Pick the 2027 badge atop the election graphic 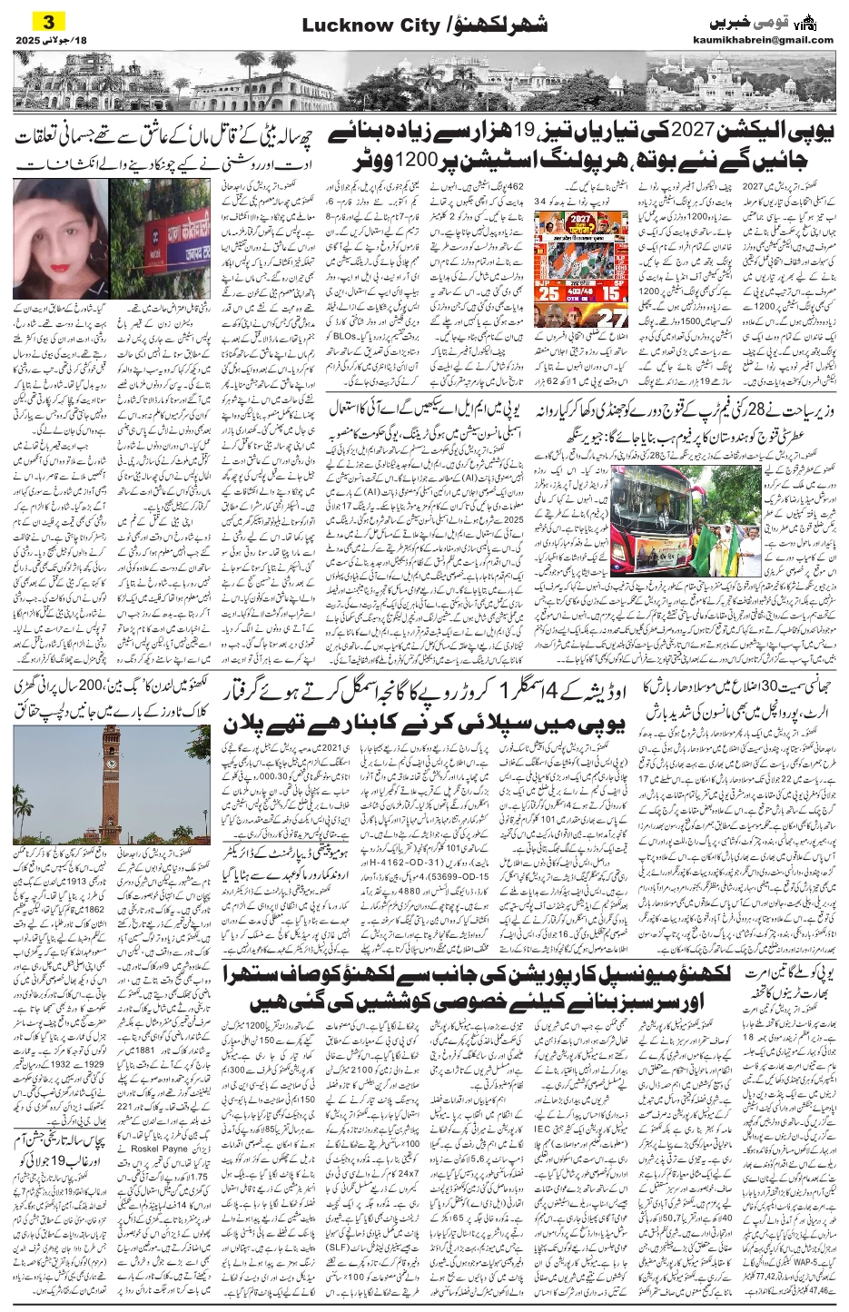(x=580, y=220)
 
